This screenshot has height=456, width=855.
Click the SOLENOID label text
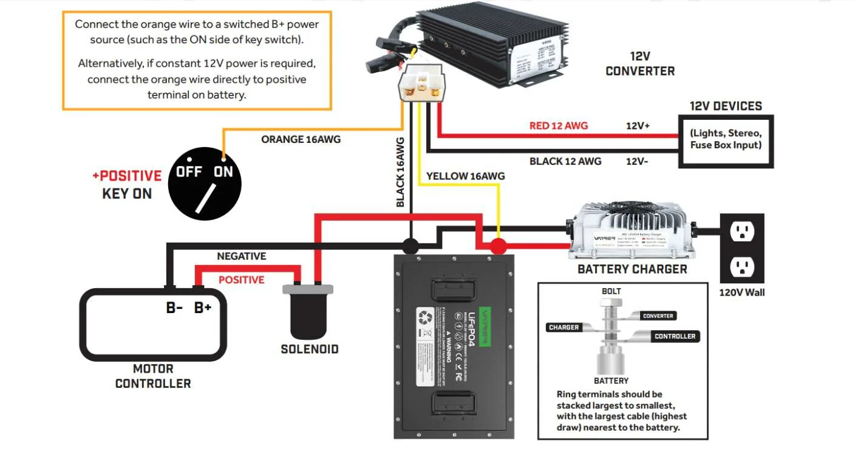[x=310, y=350]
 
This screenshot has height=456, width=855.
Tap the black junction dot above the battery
[x=411, y=246]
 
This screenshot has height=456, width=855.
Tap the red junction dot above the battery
[x=499, y=246]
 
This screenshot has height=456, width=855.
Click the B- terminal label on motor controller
[x=175, y=308]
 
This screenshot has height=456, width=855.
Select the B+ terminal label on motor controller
[x=203, y=308]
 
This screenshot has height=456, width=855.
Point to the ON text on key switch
[x=223, y=172]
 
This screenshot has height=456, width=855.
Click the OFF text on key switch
[x=189, y=172]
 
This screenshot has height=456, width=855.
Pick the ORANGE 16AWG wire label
[x=301, y=140]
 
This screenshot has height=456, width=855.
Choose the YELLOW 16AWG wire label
[x=465, y=176]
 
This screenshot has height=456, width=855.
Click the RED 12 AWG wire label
[x=559, y=126]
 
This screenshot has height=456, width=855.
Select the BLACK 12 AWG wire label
[x=565, y=161]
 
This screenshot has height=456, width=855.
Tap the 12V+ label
[x=638, y=126]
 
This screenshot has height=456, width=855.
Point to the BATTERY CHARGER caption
[x=632, y=269]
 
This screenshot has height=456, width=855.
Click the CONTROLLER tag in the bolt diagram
[x=675, y=336]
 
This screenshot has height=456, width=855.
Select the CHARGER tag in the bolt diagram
[x=564, y=327]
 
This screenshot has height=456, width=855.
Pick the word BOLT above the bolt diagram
[x=611, y=291]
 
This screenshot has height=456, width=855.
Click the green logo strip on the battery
[x=484, y=326]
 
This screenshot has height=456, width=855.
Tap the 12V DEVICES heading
[x=726, y=106]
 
